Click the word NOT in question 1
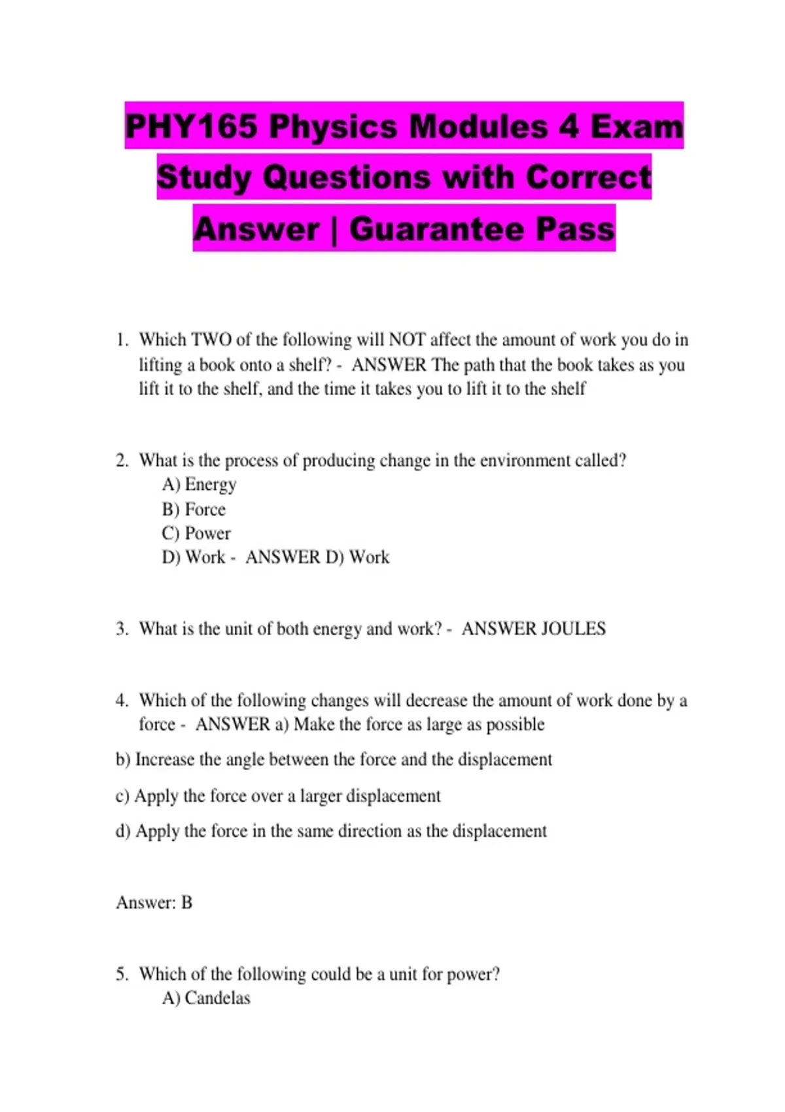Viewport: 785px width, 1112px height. click(x=406, y=340)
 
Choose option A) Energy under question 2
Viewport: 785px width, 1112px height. click(x=199, y=485)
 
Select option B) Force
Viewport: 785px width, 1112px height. click(x=194, y=510)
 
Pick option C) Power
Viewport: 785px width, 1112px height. click(x=196, y=534)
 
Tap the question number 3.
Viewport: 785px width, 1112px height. click(x=122, y=629)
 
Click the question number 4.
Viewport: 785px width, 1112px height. click(x=122, y=701)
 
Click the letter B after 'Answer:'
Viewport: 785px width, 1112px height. click(x=186, y=903)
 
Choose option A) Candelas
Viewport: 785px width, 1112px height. click(x=206, y=998)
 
